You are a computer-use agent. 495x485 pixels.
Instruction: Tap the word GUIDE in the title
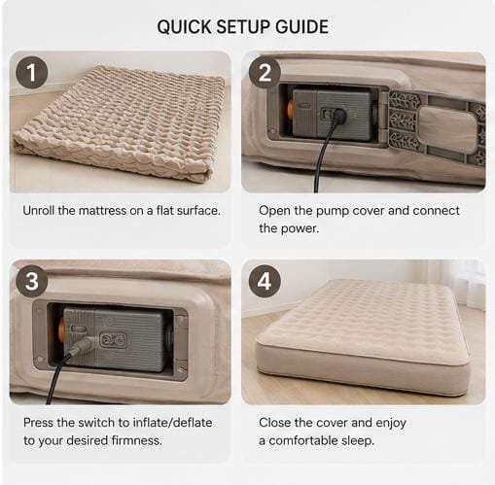[301, 26]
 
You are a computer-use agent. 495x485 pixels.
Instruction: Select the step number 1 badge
[32, 72]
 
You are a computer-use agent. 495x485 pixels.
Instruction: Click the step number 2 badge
[265, 72]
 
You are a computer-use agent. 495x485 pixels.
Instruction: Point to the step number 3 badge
[32, 281]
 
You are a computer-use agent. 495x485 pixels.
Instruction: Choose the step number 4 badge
[265, 281]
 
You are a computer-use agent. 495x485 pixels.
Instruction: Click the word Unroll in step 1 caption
[39, 211]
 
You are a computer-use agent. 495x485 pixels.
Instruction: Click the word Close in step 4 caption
[274, 423]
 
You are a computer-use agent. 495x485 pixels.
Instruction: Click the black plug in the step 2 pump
[337, 116]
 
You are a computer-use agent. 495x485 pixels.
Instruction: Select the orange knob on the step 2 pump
[290, 109]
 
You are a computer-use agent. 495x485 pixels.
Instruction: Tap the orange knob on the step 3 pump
[60, 332]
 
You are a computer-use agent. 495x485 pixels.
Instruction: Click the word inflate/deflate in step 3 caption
[172, 423]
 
